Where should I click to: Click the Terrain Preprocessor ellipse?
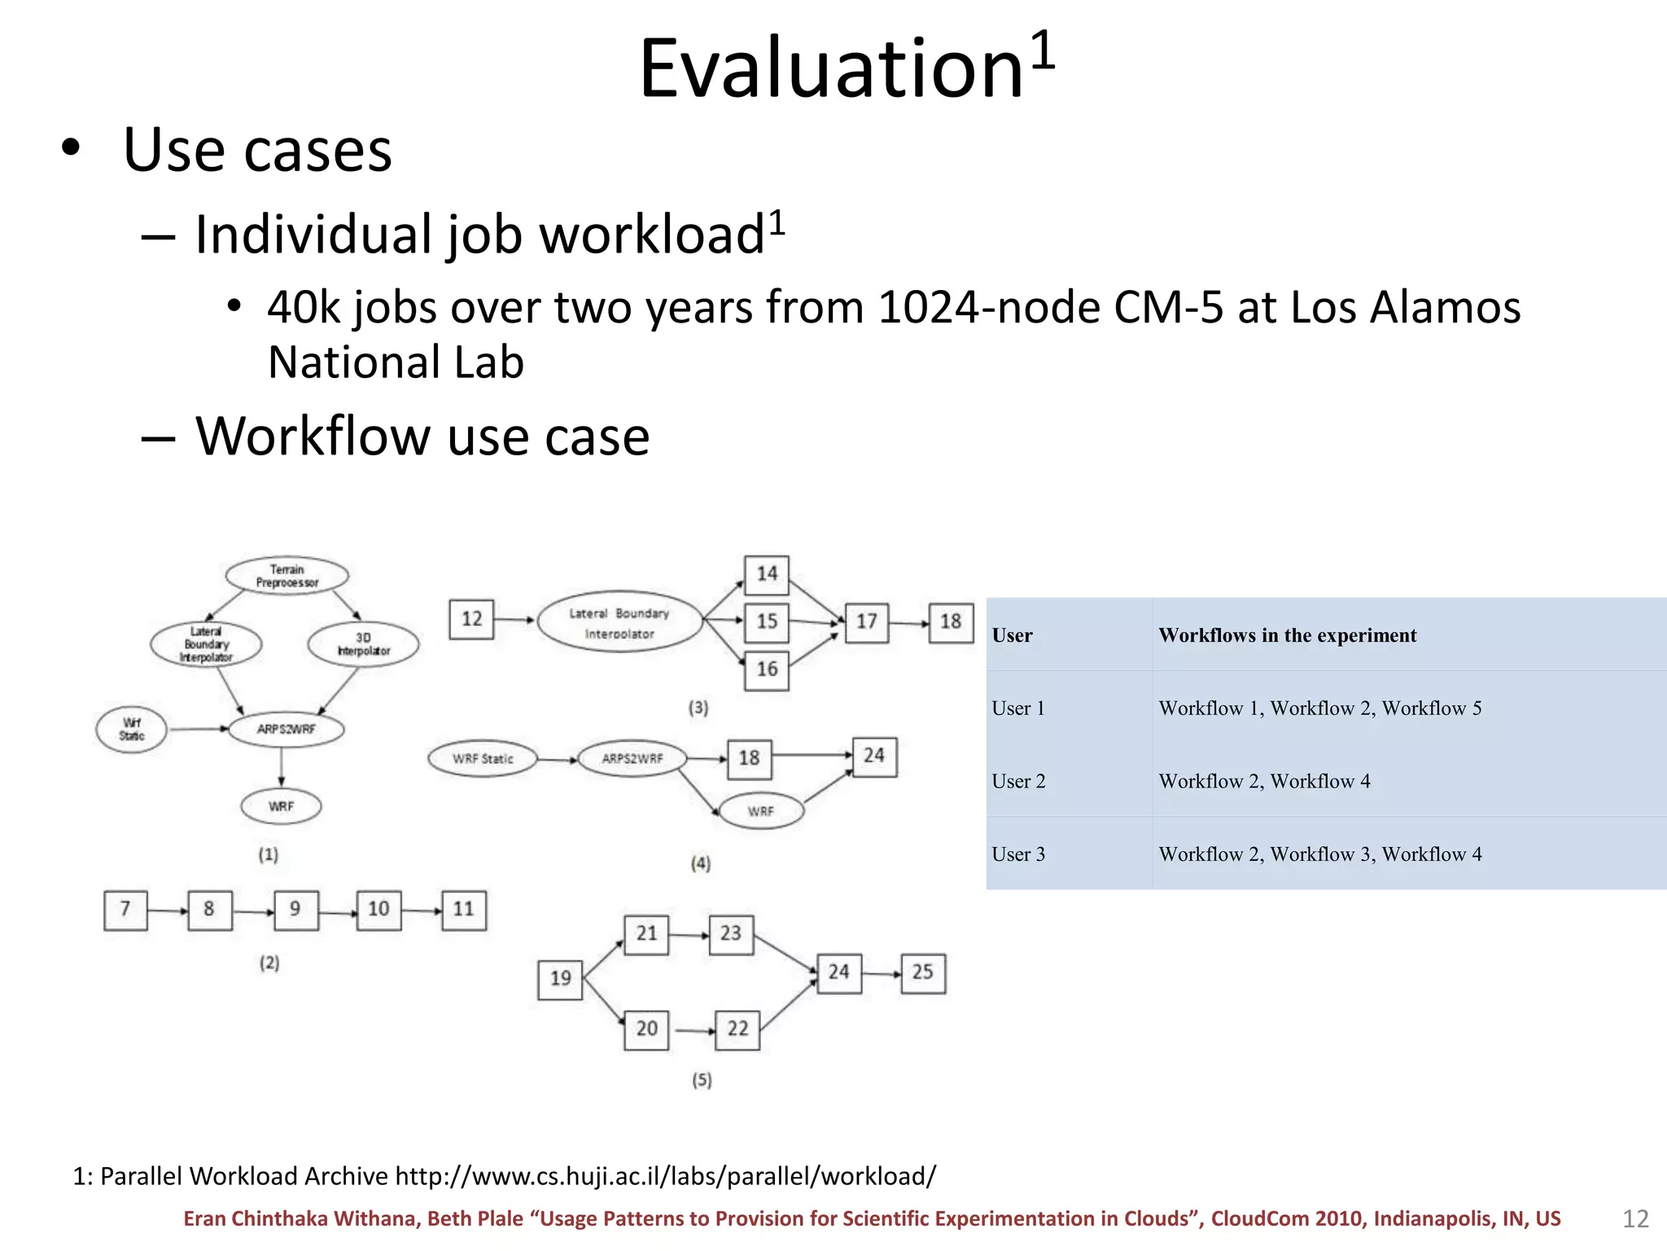[x=287, y=576]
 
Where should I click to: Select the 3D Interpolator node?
[x=363, y=644]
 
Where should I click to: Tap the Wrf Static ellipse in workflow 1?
[x=131, y=729]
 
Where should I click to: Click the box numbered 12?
[x=471, y=619]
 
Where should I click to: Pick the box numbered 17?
[x=866, y=622]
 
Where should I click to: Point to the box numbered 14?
[x=767, y=574]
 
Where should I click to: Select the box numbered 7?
[x=125, y=910]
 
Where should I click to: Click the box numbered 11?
[x=463, y=910]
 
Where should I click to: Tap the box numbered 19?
[x=560, y=979]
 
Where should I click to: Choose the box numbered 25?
[x=922, y=973]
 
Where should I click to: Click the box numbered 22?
[x=737, y=1029]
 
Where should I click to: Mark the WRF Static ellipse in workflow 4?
[x=483, y=759]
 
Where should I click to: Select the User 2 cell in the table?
[x=1018, y=782]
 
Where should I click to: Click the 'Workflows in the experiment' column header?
[x=1287, y=635]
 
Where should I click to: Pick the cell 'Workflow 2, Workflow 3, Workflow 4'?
[x=1319, y=854]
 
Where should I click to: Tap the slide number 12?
[x=1634, y=1218]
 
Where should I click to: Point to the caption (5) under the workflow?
[x=702, y=1080]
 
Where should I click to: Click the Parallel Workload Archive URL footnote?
[x=504, y=1176]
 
